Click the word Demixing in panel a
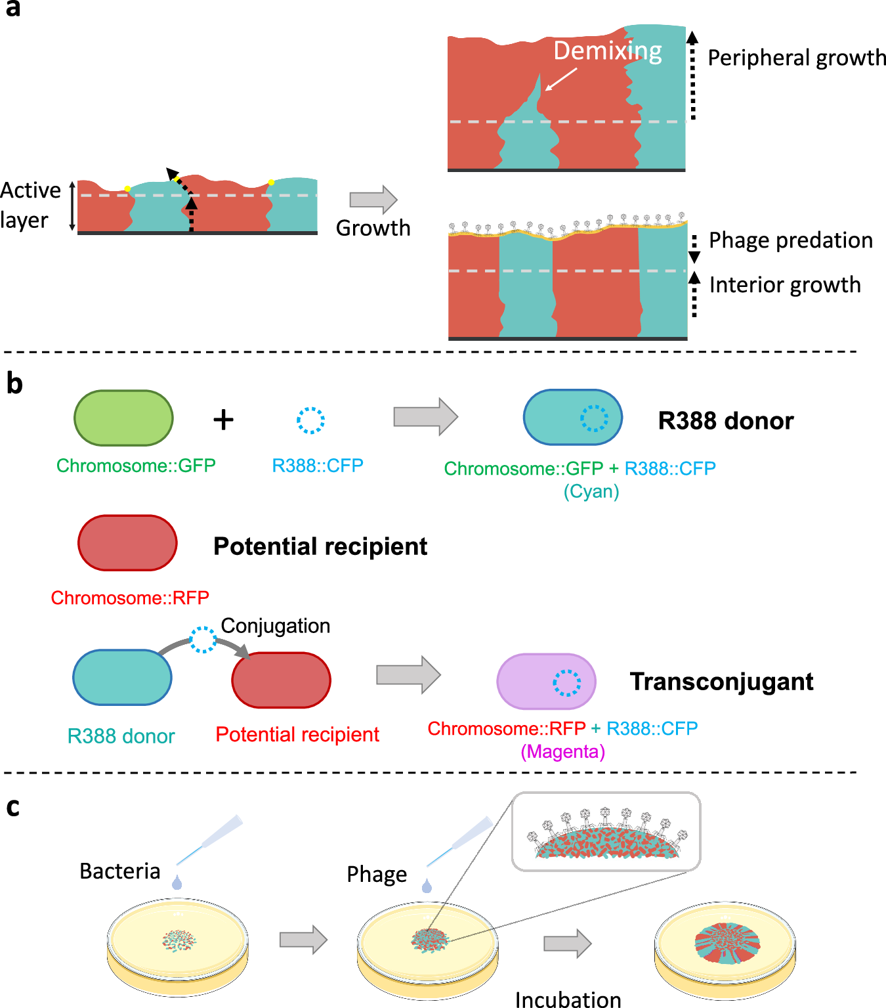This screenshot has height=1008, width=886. pyautogui.click(x=607, y=51)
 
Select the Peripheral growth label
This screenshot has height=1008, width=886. pyautogui.click(x=796, y=58)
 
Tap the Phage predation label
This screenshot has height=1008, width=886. pyautogui.click(x=790, y=240)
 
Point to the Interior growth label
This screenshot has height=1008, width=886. pyautogui.click(x=784, y=285)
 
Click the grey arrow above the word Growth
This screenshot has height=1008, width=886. pyautogui.click(x=373, y=200)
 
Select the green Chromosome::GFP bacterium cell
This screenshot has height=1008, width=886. pyautogui.click(x=123, y=418)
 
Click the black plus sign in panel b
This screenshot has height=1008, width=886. pyautogui.click(x=224, y=420)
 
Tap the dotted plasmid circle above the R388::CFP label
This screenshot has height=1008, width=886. pyautogui.click(x=310, y=420)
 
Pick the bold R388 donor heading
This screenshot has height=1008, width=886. pyautogui.click(x=725, y=421)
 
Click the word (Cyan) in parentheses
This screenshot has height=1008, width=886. pyautogui.click(x=591, y=491)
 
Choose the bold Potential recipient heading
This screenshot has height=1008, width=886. pyautogui.click(x=320, y=546)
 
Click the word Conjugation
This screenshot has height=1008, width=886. pyautogui.click(x=275, y=626)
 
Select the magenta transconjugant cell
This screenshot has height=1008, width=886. pyautogui.click(x=546, y=682)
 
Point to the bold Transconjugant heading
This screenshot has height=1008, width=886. pyautogui.click(x=721, y=682)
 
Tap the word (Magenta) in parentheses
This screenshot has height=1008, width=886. pyautogui.click(x=562, y=751)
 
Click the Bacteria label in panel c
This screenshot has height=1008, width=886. pyautogui.click(x=119, y=871)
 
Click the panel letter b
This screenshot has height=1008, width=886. pyautogui.click(x=14, y=383)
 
